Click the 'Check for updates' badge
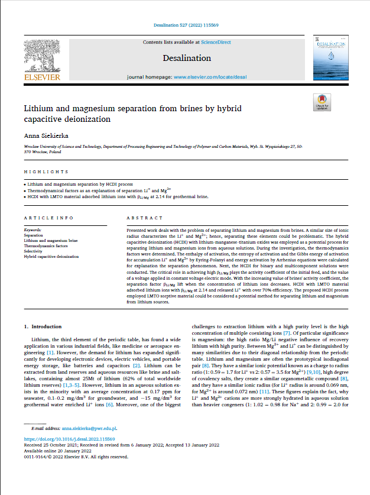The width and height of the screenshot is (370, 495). pyautogui.click(x=322, y=103)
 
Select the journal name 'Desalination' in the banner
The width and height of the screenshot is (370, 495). pyautogui.click(x=187, y=58)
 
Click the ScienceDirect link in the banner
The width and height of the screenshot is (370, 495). pyautogui.click(x=216, y=43)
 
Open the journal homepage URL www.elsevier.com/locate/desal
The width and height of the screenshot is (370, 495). pyautogui.click(x=209, y=77)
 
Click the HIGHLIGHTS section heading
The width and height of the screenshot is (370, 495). pyautogui.click(x=46, y=172)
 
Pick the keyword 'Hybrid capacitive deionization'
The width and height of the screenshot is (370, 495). pyautogui.click(x=51, y=257)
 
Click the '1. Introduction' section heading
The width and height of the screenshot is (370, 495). pyautogui.click(x=46, y=326)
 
